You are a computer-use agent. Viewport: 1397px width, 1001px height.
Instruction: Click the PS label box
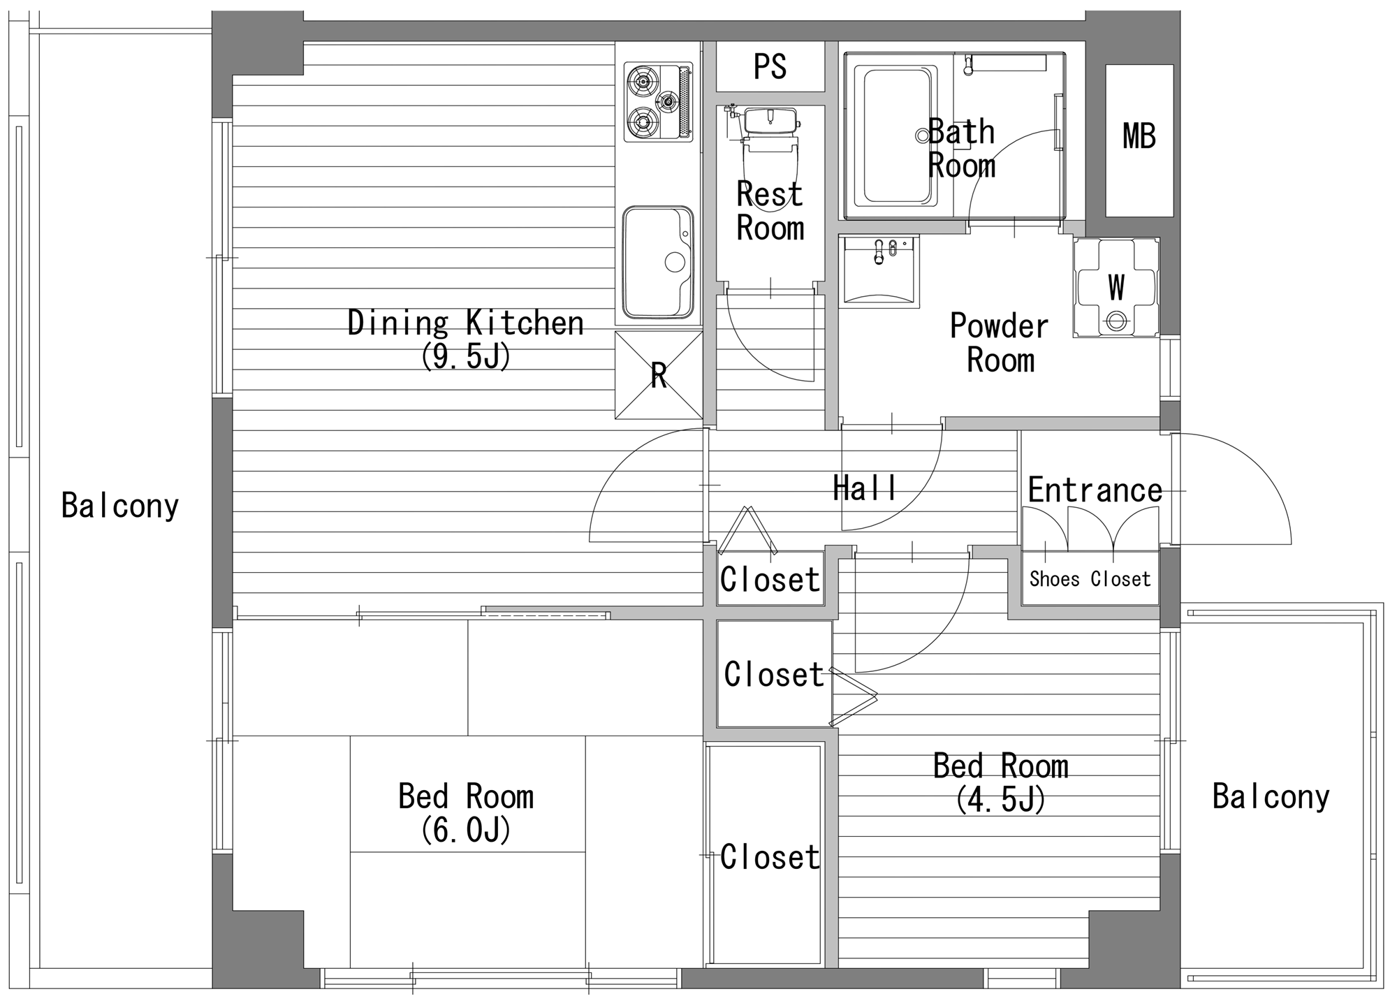pyautogui.click(x=770, y=66)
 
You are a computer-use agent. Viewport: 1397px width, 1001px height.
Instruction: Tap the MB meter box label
pyautogui.click(x=1139, y=136)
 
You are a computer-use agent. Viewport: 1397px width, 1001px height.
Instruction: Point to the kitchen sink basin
pyautogui.click(x=658, y=262)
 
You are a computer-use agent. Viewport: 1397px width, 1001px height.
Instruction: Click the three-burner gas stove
pyautogui.click(x=658, y=102)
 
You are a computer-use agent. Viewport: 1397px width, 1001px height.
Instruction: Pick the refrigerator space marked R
pyautogui.click(x=659, y=375)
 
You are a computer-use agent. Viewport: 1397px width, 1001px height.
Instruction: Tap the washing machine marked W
pyautogui.click(x=1116, y=288)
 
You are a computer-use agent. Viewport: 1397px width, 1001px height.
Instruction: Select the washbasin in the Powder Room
pyautogui.click(x=879, y=270)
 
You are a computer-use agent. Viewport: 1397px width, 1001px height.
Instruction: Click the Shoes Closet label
pyautogui.click(x=1090, y=579)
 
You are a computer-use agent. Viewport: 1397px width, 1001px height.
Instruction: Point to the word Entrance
pyautogui.click(x=1095, y=490)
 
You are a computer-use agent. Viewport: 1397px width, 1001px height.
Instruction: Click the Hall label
pyautogui.click(x=865, y=488)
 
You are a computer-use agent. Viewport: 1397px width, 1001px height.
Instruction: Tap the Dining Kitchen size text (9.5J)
pyautogui.click(x=466, y=357)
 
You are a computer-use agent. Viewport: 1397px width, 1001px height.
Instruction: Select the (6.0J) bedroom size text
pyautogui.click(x=466, y=830)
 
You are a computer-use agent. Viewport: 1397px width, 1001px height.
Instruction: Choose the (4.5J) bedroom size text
pyautogui.click(x=1001, y=800)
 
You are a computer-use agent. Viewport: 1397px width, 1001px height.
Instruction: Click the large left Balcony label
pyautogui.click(x=120, y=505)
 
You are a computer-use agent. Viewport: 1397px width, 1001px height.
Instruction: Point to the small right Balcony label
pyautogui.click(x=1271, y=796)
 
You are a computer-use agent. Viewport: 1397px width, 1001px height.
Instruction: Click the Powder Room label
pyautogui.click(x=1000, y=343)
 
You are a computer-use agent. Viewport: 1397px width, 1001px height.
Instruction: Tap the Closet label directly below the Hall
pyautogui.click(x=770, y=579)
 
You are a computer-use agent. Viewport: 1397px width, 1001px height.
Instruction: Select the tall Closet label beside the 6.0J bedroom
pyautogui.click(x=770, y=857)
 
